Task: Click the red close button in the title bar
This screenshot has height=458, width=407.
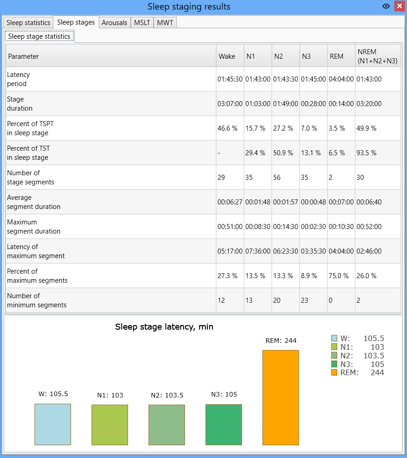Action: (x=399, y=6)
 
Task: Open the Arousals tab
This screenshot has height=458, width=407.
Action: (x=114, y=22)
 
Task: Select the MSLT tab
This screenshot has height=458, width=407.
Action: (x=142, y=22)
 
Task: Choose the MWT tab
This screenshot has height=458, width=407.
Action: (x=165, y=22)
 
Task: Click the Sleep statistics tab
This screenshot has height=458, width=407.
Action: (x=28, y=22)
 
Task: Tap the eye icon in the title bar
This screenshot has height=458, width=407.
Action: (x=386, y=6)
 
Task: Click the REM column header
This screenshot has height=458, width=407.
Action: (x=336, y=56)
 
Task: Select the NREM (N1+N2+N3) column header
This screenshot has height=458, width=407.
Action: (x=377, y=56)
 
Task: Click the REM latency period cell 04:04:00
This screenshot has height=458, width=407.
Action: (x=341, y=79)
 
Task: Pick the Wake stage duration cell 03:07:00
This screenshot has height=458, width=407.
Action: (x=230, y=104)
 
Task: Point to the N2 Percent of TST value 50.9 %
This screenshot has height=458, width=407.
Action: (x=283, y=153)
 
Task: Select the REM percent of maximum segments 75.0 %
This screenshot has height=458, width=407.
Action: (x=339, y=276)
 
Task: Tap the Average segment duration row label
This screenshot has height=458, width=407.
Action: (x=34, y=202)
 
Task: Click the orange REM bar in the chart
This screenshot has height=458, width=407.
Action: (x=281, y=397)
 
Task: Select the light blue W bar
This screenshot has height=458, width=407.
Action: (x=53, y=424)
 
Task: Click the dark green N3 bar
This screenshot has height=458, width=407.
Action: (x=224, y=425)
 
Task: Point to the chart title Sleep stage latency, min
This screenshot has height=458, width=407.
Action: (x=164, y=326)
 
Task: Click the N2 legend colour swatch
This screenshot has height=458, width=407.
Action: (x=334, y=356)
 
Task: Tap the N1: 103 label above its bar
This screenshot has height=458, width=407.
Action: (x=110, y=395)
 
